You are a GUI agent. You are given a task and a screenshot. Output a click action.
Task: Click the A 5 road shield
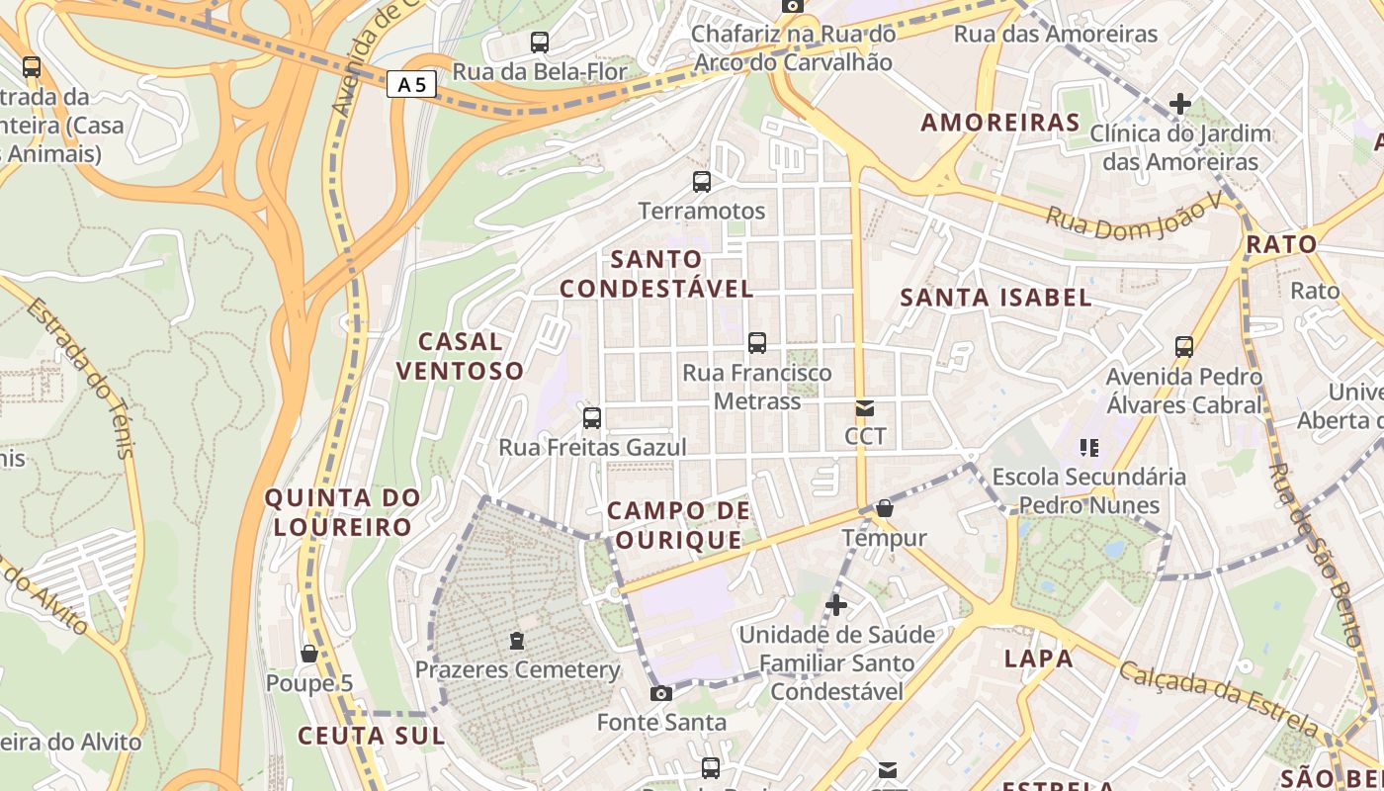pos(410,85)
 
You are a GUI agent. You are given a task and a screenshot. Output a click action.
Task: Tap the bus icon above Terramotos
pos(702,182)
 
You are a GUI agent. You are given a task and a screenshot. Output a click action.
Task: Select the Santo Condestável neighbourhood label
pos(656,274)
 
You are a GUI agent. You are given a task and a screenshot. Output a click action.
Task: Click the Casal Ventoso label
pos(459,356)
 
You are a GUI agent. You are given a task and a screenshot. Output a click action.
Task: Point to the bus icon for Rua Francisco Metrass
pos(757,343)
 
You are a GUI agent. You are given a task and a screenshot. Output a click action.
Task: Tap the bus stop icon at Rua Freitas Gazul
pos(592,418)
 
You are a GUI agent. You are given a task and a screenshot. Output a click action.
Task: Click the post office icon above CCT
pos(865,408)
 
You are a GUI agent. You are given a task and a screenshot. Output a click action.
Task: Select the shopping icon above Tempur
pos(885,509)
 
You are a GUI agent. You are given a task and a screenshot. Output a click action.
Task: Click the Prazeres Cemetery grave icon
pos(517,641)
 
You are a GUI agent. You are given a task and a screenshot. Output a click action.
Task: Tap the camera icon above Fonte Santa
pos(661,694)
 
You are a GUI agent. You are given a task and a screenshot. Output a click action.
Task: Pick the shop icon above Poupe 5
pos(308,655)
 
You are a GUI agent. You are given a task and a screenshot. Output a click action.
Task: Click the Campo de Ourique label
pos(678,525)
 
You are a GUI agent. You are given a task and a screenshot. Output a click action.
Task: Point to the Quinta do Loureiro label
pos(342,512)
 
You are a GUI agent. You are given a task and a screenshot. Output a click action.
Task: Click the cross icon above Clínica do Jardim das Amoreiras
pos(1179,104)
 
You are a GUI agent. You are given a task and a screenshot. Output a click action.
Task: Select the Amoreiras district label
pos(1000,123)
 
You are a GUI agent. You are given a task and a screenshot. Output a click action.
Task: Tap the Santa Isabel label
pos(995,298)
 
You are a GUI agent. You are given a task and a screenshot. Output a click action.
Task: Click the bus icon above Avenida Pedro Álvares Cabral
pos(1184,347)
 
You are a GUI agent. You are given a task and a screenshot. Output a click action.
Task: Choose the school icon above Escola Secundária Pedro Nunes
pos(1089,448)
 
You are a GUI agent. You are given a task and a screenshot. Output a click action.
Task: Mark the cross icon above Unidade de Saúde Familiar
pos(836,605)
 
